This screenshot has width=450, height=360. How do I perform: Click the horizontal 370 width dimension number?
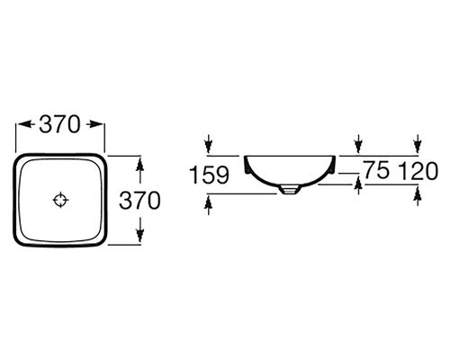click(60, 124)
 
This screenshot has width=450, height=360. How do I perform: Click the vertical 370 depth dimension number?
click(139, 201)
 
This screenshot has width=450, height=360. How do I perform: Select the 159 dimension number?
click(210, 175)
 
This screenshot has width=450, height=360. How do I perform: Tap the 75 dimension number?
click(377, 170)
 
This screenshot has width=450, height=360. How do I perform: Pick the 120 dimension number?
click(418, 171)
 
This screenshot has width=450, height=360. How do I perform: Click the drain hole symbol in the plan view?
click(60, 200)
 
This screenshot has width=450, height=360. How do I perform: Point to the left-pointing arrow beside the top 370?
click(25, 124)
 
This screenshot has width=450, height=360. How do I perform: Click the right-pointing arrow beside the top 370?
click(94, 124)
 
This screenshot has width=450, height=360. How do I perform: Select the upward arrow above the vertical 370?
click(139, 170)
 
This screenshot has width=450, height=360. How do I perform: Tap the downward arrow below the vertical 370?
click(139, 229)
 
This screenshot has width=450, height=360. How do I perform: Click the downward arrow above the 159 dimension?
click(209, 144)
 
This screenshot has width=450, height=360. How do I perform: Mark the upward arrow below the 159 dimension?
click(209, 204)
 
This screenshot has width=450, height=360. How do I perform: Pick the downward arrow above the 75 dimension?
click(358, 144)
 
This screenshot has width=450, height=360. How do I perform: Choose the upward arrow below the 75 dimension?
click(358, 185)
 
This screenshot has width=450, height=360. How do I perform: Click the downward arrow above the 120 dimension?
click(418, 144)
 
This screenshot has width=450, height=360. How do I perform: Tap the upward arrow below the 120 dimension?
click(418, 195)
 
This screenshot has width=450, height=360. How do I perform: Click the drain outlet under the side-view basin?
click(289, 190)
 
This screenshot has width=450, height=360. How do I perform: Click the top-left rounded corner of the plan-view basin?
click(18, 158)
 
